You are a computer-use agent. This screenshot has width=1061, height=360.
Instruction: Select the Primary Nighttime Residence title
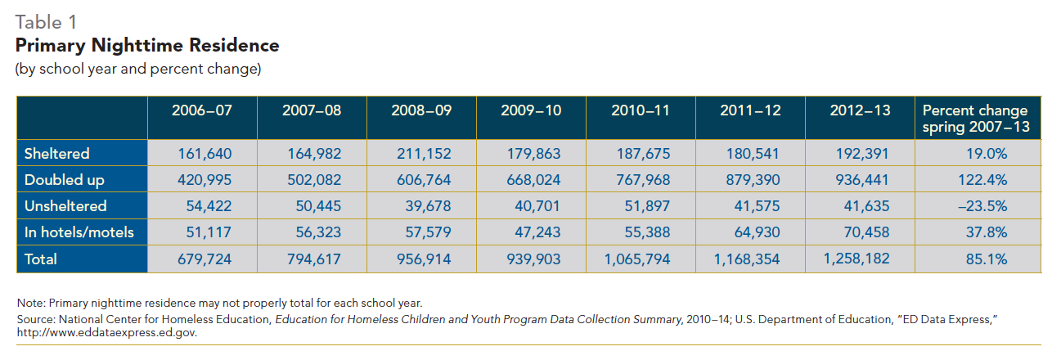click(x=147, y=46)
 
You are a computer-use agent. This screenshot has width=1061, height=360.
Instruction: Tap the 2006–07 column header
click(x=201, y=110)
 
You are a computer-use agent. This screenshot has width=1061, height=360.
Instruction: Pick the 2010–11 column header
click(x=641, y=110)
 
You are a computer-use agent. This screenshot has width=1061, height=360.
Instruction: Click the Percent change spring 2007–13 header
click(x=975, y=118)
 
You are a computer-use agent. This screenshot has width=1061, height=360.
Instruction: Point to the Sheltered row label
click(x=57, y=154)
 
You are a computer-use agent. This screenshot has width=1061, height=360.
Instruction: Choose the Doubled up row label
click(x=65, y=180)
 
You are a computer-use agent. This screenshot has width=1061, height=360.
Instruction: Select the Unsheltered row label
click(x=65, y=206)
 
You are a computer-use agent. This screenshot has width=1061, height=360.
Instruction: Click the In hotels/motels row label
click(x=79, y=232)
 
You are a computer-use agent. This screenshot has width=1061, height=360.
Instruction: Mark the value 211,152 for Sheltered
click(x=424, y=154)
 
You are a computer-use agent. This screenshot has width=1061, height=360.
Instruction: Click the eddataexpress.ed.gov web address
click(x=107, y=333)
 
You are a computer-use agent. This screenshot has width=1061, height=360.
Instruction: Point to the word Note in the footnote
click(x=29, y=303)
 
